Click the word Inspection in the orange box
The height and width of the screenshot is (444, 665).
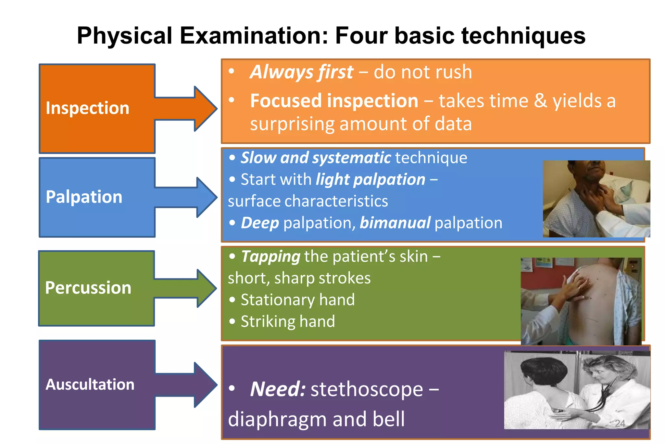click(x=87, y=108)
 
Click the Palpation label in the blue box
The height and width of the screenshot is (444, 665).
click(x=84, y=197)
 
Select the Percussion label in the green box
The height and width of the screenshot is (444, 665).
click(x=88, y=288)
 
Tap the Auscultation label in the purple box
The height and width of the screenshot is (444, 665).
click(x=90, y=385)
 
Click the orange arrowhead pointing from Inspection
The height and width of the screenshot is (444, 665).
click(x=205, y=109)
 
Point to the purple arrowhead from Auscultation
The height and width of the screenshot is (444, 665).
click(x=205, y=385)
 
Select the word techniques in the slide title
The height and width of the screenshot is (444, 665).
click(x=523, y=35)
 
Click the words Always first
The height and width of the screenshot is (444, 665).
click(x=301, y=72)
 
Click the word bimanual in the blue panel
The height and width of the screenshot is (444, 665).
click(x=395, y=223)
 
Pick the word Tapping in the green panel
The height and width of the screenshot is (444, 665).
click(x=270, y=256)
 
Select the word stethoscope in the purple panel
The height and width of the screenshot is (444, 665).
click(x=367, y=389)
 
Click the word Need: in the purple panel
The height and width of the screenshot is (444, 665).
click(x=278, y=389)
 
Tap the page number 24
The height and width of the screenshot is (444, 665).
click(x=620, y=423)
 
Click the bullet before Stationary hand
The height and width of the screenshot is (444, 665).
click(x=232, y=300)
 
